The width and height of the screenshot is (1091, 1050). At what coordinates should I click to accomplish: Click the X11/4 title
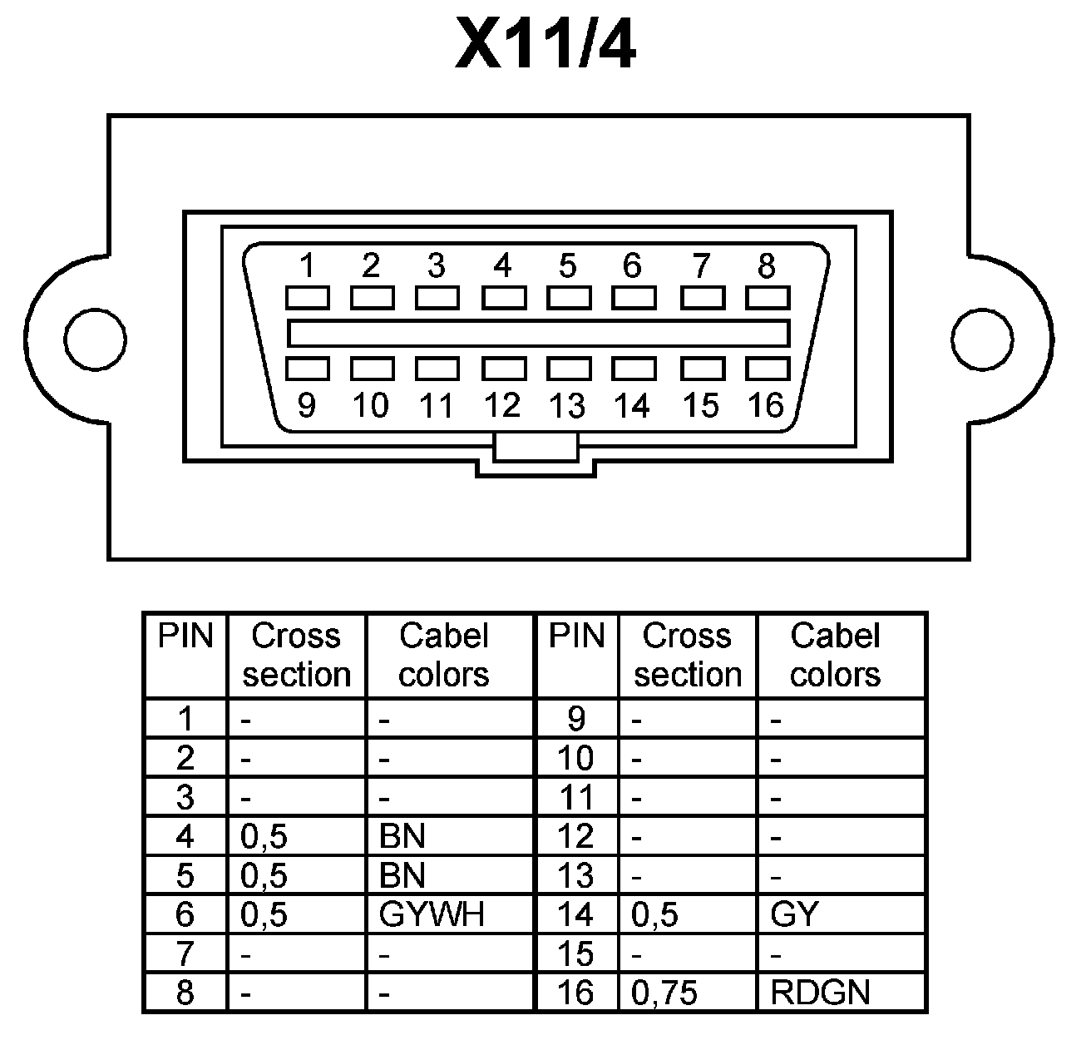545,43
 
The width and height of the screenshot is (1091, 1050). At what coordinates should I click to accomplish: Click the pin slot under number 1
307,298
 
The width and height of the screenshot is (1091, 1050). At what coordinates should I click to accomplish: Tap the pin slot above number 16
768,369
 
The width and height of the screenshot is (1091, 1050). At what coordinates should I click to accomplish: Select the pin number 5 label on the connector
567,266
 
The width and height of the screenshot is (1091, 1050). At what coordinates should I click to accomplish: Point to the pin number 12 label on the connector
501,405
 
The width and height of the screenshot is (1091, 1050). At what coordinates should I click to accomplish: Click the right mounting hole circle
983,340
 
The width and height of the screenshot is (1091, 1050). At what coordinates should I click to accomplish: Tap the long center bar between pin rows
538,334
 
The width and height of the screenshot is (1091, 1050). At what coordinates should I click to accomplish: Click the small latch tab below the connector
536,448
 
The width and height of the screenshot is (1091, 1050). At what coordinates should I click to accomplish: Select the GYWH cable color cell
432,914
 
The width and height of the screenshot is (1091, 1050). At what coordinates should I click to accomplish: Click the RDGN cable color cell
820,993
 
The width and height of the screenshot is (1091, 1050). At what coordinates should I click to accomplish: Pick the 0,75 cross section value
664,993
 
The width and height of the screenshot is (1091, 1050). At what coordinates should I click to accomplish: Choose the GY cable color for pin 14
795,914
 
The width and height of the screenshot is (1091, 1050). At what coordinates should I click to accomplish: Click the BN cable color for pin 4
402,836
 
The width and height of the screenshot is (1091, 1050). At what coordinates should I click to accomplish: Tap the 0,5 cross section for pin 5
264,875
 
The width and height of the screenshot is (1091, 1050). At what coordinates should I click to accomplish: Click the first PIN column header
185,636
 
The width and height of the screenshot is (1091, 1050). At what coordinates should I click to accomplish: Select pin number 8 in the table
185,993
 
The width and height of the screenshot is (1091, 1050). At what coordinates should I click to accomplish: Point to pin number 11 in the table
576,797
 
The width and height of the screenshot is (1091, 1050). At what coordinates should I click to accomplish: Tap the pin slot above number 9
307,369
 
